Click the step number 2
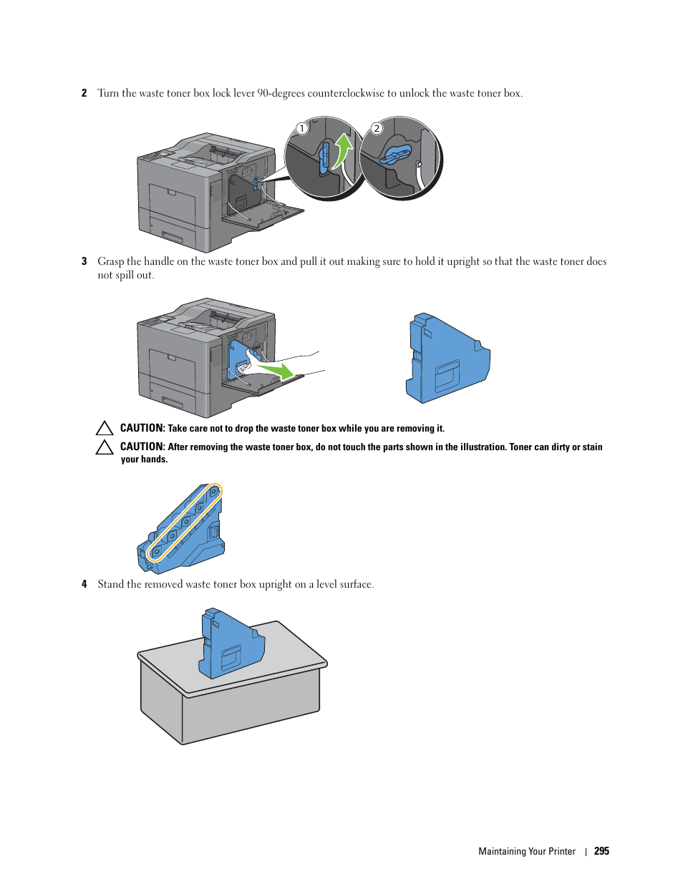click(84, 93)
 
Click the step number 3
click(84, 261)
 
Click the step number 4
click(84, 584)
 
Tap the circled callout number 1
click(302, 129)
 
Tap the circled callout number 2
click(377, 129)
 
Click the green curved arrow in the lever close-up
click(342, 150)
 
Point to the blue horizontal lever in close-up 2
click(395, 154)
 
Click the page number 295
click(601, 851)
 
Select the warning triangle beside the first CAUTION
click(105, 428)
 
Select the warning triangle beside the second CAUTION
click(105, 447)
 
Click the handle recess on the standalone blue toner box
click(447, 375)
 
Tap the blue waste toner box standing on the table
click(231, 643)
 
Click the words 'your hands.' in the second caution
click(144, 460)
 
